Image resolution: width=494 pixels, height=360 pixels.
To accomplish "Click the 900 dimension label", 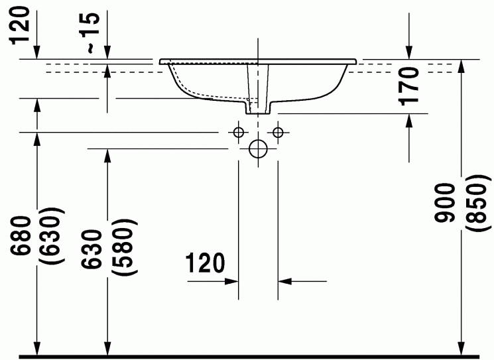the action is pos(445,203).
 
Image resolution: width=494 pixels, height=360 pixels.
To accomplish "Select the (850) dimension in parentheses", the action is pos(478,203).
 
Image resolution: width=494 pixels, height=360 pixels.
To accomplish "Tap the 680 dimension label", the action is pos(21,235).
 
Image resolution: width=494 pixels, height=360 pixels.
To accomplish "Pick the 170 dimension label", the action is pos(408,86).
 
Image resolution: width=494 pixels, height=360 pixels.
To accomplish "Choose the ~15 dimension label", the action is pos(90,32).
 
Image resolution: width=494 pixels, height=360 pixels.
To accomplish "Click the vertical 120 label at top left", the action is pos(19,26).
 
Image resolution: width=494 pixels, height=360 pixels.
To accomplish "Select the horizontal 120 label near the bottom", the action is pos(205,263).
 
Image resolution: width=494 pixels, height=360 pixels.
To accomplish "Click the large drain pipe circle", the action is pos(258,149).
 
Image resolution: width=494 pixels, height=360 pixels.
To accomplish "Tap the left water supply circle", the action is pos(239,133).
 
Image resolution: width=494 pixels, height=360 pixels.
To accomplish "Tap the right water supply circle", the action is pos(278,133).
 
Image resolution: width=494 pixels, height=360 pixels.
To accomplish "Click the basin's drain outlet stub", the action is pos(258,107).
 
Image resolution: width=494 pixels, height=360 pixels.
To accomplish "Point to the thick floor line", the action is pos(249,357).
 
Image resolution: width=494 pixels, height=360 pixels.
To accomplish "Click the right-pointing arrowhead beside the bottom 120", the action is pos(231,281).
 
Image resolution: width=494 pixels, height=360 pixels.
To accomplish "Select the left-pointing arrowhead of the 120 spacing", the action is pos(285,281).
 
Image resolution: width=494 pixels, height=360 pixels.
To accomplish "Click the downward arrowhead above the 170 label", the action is pos(409,52).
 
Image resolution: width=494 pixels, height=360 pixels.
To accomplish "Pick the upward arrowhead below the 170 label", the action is pos(409,120).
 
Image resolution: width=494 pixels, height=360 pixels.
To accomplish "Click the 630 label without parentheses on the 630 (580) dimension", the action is pos(92,249).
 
